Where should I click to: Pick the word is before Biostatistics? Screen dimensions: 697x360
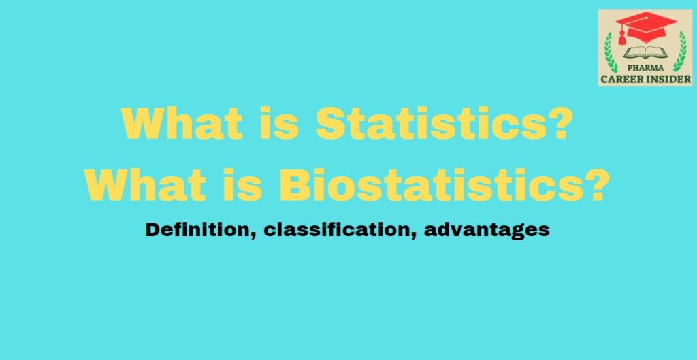coord(242,185)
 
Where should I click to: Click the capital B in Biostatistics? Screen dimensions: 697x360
coord(295,185)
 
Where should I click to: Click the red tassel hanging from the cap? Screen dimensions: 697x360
coord(622,37)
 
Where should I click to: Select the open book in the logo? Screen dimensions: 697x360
coord(645,53)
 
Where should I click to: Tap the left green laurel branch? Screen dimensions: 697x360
coord(611,52)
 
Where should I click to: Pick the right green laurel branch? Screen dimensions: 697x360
coord(680,52)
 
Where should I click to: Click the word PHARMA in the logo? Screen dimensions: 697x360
coord(645,68)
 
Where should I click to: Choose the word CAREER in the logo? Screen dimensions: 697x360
coord(621,80)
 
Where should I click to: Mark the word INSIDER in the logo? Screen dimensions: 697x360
coord(668,80)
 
